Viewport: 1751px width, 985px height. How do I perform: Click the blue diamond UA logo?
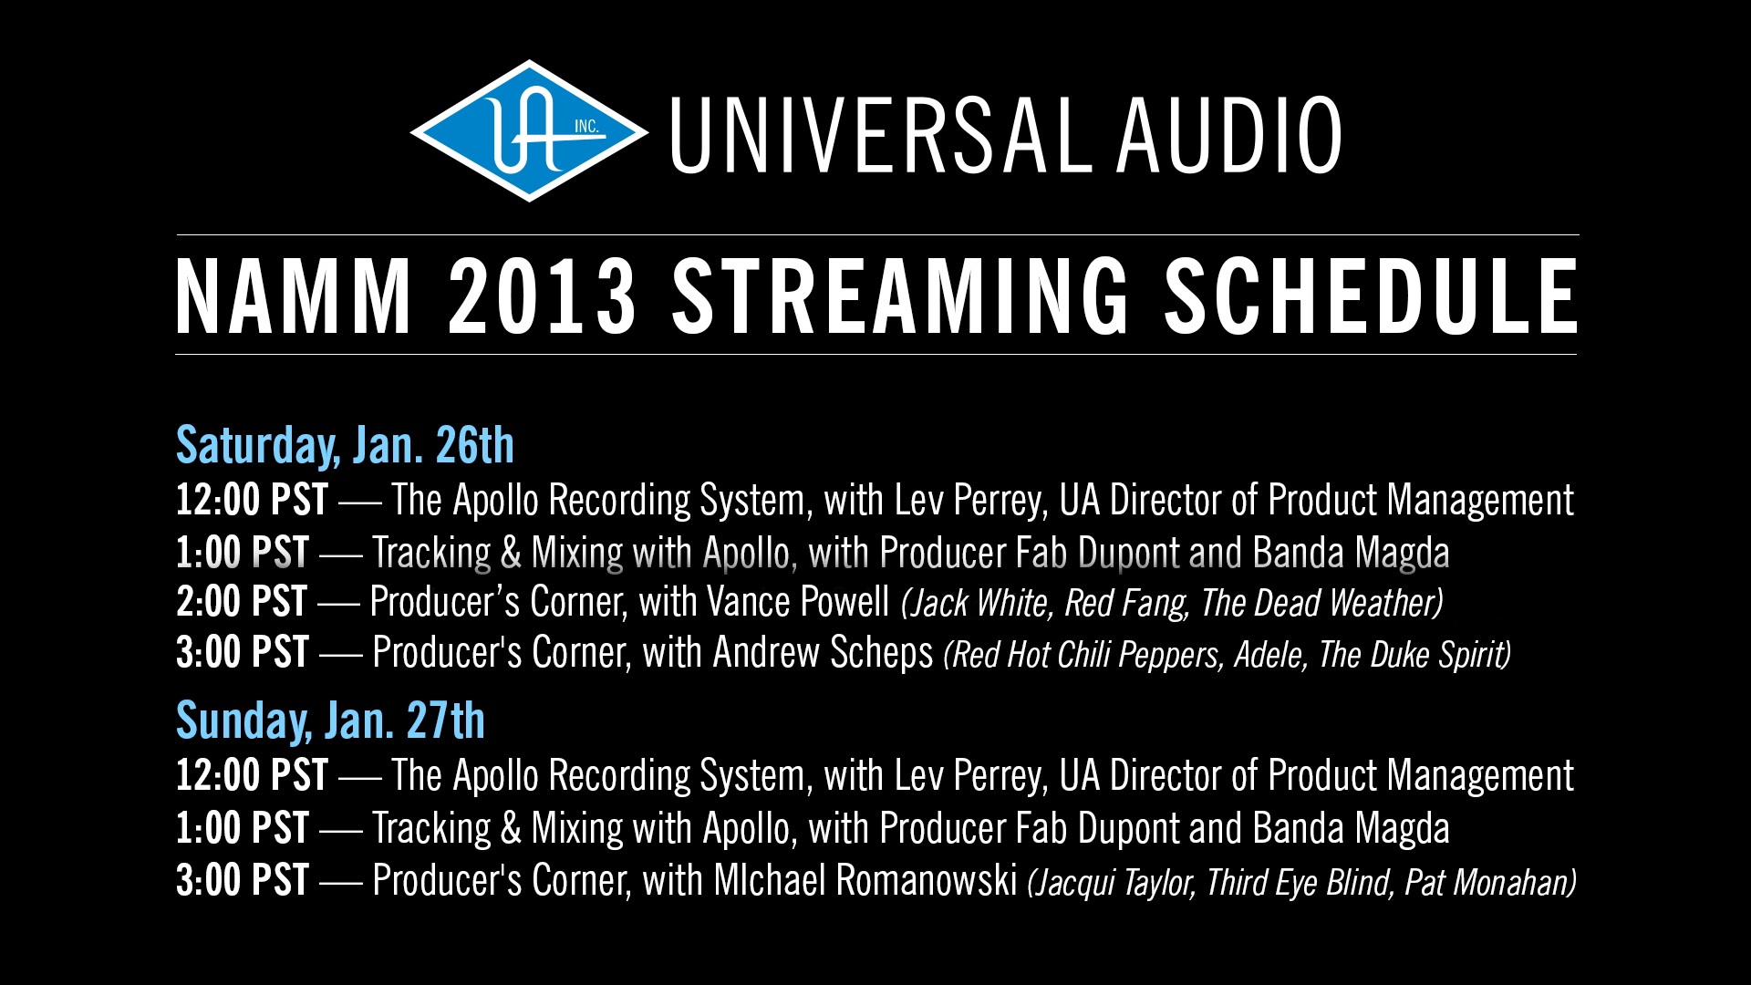click(530, 131)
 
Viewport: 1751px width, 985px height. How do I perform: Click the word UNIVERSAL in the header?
click(881, 135)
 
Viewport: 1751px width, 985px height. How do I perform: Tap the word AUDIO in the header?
click(1229, 135)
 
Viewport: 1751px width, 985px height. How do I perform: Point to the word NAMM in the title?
click(294, 296)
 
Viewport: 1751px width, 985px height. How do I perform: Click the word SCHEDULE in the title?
click(1371, 296)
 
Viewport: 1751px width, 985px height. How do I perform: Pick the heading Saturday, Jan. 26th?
click(345, 446)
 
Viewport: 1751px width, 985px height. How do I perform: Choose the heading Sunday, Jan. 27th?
click(330, 721)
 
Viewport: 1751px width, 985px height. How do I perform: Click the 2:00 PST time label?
click(242, 602)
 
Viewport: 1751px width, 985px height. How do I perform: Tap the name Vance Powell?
click(798, 602)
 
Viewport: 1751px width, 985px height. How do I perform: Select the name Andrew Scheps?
click(823, 653)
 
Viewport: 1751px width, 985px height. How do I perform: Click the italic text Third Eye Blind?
click(1299, 883)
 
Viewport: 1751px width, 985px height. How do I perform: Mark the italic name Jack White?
click(979, 604)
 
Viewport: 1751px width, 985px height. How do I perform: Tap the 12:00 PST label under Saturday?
click(252, 500)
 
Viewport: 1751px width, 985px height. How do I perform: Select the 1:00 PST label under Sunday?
click(243, 829)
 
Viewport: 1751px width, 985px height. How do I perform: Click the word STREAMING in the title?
click(900, 296)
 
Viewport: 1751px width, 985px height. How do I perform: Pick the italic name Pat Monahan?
click(1487, 883)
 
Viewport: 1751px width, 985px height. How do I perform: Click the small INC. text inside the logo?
click(586, 127)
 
